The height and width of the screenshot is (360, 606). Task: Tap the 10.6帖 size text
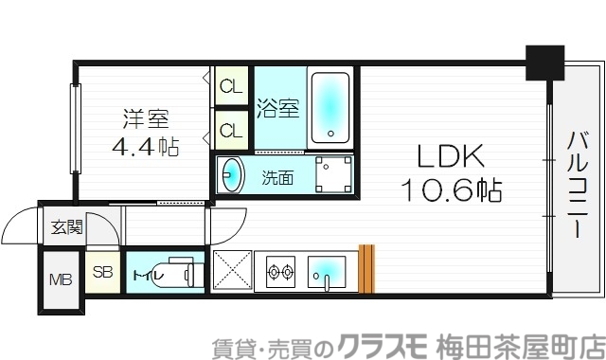coord(449,190)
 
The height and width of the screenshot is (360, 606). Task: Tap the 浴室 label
coord(278,108)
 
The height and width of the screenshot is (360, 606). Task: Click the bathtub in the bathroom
coord(330,105)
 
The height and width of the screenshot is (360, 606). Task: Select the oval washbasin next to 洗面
coord(231,175)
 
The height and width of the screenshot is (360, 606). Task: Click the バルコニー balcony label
coord(575,184)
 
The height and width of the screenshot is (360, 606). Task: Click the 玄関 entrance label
coord(66,227)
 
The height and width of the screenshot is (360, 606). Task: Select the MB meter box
coord(60,280)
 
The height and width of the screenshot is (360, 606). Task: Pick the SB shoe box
coord(101,274)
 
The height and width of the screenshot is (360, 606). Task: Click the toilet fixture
coord(186,276)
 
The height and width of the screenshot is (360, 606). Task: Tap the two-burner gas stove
coord(281,273)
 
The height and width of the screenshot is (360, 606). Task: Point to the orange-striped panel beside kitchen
coord(367,270)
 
